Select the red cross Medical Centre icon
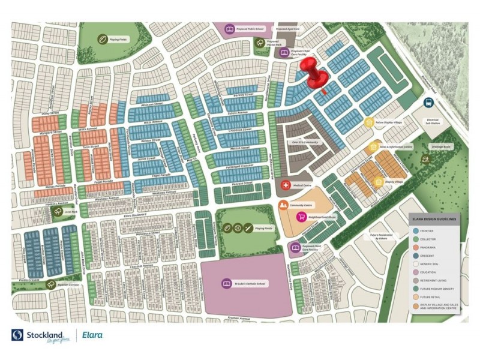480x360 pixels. [x=286, y=185]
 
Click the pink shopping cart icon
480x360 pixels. [x=301, y=217]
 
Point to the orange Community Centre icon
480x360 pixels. [x=283, y=206]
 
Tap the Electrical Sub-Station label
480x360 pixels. [x=433, y=121]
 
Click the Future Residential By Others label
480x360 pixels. [x=382, y=236]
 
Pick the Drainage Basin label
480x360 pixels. [x=439, y=146]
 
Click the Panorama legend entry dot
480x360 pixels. [x=415, y=247]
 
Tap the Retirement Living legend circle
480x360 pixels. [x=415, y=280]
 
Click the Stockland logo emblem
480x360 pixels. [x=17, y=335]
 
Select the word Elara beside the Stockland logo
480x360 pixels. [x=93, y=335]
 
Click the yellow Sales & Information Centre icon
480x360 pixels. [x=373, y=146]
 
